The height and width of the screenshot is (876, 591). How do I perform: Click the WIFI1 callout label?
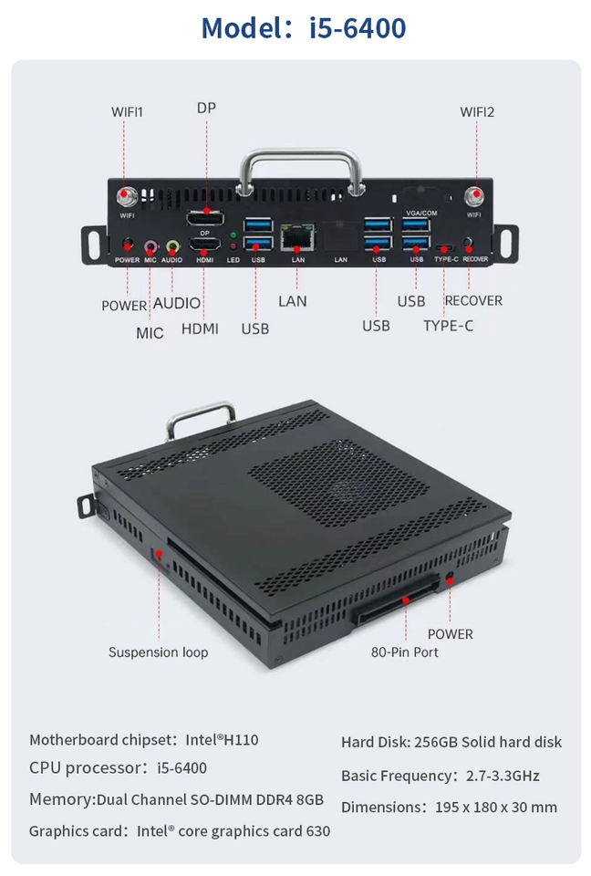tap(128, 112)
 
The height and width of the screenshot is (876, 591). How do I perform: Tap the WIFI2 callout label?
tap(477, 112)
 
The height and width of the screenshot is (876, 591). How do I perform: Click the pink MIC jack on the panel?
tap(150, 245)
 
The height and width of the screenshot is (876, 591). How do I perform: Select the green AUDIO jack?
tap(172, 245)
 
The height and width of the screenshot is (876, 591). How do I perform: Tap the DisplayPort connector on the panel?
tap(205, 218)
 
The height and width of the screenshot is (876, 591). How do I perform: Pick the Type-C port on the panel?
tap(446, 246)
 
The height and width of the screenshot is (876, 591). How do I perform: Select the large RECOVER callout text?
tap(473, 300)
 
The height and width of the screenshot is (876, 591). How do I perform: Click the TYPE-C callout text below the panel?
tap(449, 325)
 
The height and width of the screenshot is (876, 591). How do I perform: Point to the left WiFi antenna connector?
tap(126, 197)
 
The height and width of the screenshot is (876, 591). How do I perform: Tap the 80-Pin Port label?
tap(404, 652)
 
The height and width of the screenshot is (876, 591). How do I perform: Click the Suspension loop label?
tap(158, 652)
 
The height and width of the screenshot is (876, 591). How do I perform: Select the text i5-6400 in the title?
tap(358, 28)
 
